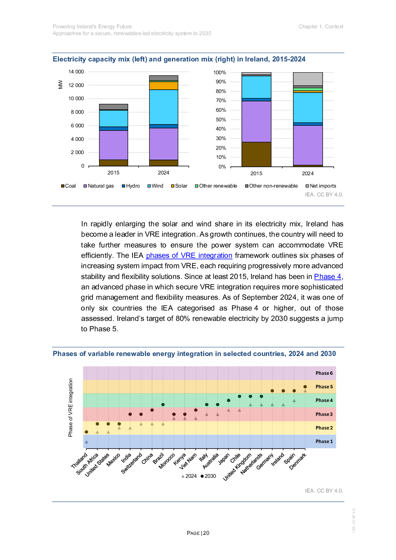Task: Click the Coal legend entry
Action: (68, 186)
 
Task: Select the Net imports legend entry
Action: (321, 186)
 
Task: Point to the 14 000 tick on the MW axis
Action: (76, 72)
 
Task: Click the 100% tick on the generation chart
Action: (220, 73)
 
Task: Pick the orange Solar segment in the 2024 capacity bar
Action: (164, 85)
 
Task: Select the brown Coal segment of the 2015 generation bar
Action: (256, 154)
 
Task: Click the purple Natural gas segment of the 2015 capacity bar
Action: (113, 145)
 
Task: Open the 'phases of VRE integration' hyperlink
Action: (189, 255)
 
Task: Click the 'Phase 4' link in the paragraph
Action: (327, 277)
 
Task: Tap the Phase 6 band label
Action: (324, 373)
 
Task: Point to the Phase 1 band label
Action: (324, 441)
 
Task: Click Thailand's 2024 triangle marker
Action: (86, 442)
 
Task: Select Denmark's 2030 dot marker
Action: (305, 387)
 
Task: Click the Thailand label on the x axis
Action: (79, 461)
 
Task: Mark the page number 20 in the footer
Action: (206, 533)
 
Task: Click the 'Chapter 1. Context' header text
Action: (321, 27)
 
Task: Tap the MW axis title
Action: (61, 85)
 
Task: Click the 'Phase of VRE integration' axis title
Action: (71, 408)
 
